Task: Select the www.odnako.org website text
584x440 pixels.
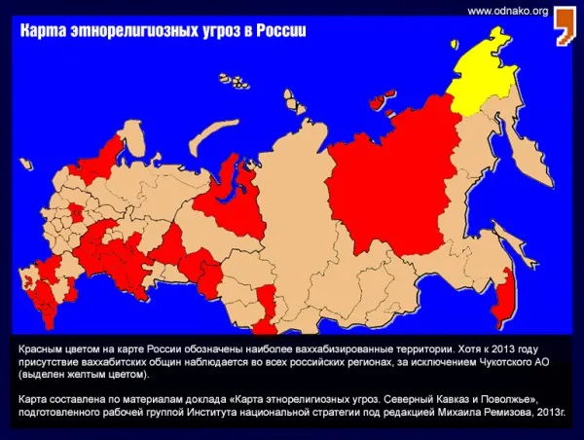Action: [508, 11]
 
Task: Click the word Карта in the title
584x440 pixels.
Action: [45, 31]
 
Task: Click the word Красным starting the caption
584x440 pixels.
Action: [44, 347]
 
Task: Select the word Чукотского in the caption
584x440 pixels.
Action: [487, 360]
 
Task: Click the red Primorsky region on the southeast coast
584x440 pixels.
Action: [503, 292]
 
